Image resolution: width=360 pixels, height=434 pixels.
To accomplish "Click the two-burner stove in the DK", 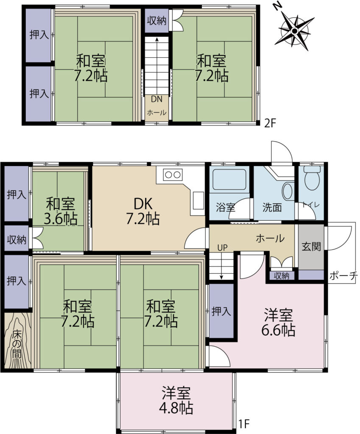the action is click(x=173, y=174).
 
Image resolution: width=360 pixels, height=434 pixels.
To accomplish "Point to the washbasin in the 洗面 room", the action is click(x=288, y=191).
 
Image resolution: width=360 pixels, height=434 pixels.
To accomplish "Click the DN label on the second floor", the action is click(x=156, y=99).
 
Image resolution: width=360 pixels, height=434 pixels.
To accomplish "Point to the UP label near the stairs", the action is click(x=222, y=248).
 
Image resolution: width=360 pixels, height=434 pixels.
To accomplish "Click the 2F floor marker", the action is click(x=270, y=123).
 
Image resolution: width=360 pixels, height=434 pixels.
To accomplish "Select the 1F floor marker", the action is click(x=244, y=423).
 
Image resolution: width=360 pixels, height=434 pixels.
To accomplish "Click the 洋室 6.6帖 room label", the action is click(x=278, y=322).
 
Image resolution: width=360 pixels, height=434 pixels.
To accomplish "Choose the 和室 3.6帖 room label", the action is click(x=60, y=211).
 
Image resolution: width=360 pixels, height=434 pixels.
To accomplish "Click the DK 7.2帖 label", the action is click(x=143, y=211).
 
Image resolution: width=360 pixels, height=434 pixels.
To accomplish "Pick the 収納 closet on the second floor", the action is click(x=157, y=21).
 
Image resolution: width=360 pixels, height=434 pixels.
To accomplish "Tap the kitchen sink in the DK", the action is click(x=198, y=200).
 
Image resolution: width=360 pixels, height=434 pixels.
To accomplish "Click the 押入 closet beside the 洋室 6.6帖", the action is click(x=221, y=311).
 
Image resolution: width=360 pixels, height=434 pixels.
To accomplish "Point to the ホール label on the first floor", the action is click(x=270, y=238).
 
